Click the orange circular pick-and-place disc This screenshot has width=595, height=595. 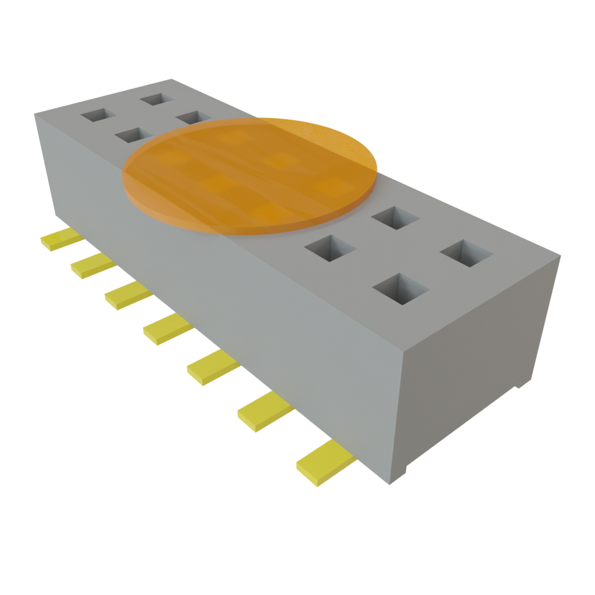pyautogui.click(x=250, y=174)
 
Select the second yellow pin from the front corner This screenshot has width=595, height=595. pyautogui.click(x=264, y=411)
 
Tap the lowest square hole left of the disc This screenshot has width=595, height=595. pyautogui.click(x=134, y=136)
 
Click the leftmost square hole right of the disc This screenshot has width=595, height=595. pyautogui.click(x=329, y=248)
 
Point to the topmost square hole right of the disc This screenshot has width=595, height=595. pyautogui.click(x=396, y=217)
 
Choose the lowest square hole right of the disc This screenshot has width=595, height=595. pyautogui.click(x=400, y=288)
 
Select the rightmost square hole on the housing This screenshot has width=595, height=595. pyautogui.click(x=467, y=253)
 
